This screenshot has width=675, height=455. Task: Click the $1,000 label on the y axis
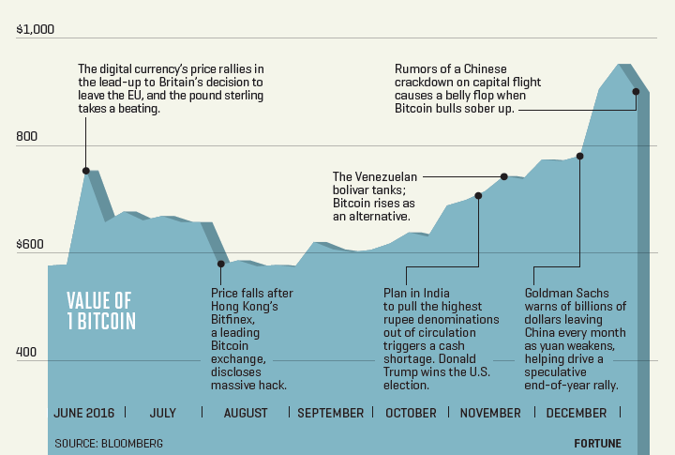click(36, 30)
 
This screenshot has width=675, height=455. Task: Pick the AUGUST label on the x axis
click(246, 413)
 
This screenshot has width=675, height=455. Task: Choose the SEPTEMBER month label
click(330, 413)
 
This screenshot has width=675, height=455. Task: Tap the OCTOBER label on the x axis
click(411, 413)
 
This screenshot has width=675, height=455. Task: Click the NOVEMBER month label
click(490, 413)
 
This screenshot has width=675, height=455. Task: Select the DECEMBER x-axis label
click(576, 413)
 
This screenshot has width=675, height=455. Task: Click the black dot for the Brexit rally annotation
click(86, 171)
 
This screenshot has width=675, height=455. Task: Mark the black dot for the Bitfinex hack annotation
click(221, 264)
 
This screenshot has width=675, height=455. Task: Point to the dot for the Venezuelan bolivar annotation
click(504, 176)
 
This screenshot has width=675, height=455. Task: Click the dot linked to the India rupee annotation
click(478, 196)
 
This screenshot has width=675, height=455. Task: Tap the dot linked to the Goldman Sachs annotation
click(580, 156)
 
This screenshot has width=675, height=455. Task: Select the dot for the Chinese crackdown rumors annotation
click(637, 91)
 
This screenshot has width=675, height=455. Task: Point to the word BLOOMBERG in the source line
click(132, 442)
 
